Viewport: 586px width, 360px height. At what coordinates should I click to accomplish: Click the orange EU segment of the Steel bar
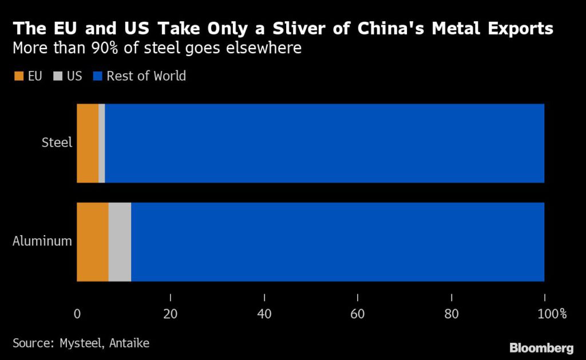88,143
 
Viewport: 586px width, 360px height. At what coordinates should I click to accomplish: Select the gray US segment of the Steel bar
102,143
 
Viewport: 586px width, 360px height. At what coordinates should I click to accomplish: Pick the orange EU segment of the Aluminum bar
93,242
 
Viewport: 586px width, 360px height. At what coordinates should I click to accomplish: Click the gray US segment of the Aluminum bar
120,242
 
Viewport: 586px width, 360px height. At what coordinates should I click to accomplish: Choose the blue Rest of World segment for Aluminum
338,242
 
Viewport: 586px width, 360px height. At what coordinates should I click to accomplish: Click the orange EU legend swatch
18,76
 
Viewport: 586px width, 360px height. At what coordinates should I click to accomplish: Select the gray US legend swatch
57,76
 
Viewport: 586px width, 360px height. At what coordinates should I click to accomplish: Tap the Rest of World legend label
146,76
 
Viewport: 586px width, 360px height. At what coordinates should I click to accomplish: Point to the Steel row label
57,143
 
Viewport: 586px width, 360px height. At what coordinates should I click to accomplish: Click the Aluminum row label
42,241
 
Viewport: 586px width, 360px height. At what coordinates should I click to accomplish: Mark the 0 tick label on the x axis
77,313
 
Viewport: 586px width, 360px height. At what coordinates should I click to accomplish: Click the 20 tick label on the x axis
170,313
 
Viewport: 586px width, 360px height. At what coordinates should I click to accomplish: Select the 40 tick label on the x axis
264,313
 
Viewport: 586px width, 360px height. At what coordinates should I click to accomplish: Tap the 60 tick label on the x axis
357,313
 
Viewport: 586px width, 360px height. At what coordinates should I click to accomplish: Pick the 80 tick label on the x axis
451,313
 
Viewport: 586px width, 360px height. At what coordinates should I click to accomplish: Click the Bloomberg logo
541,347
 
